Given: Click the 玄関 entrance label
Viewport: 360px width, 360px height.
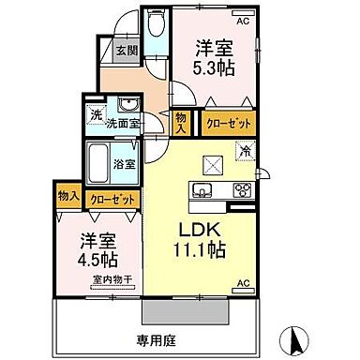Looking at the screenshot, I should click(x=125, y=52).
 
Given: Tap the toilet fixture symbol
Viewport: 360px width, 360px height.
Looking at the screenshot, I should click(x=155, y=21).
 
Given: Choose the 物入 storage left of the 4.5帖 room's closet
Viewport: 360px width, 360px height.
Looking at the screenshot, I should click(x=67, y=197).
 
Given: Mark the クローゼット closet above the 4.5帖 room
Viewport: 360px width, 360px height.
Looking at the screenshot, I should click(x=110, y=199).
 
